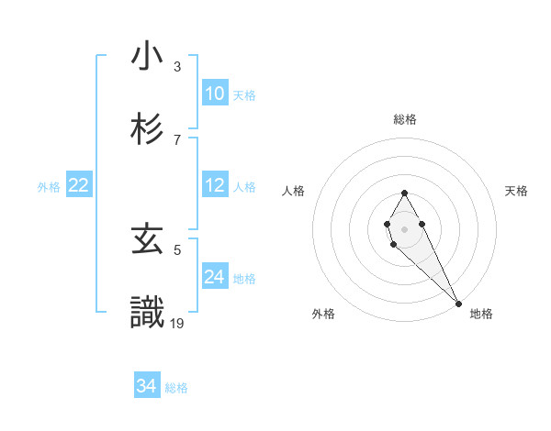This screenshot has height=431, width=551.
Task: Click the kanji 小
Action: (147, 57)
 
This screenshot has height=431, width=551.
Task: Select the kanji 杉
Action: (147, 128)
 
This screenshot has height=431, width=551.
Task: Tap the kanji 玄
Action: (147, 241)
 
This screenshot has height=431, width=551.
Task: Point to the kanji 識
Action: (147, 313)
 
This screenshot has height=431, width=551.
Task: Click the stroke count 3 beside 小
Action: (176, 67)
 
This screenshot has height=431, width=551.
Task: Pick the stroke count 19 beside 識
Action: (177, 322)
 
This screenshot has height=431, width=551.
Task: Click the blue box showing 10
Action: (215, 94)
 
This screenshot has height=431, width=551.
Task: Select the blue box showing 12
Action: (215, 185)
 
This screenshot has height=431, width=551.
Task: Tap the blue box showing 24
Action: (215, 277)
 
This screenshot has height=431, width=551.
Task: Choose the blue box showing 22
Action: (79, 185)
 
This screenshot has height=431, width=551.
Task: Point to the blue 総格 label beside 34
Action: (176, 388)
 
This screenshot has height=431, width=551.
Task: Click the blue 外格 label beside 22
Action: (49, 187)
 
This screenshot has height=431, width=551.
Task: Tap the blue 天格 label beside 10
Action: (243, 95)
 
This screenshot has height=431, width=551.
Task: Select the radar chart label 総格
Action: (405, 119)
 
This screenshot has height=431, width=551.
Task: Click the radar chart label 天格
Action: (517, 191)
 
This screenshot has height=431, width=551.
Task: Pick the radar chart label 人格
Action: (293, 191)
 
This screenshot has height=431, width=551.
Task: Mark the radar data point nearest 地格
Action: (458, 303)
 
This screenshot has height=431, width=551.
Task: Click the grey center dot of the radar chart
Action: (404, 227)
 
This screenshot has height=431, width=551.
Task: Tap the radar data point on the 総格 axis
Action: (404, 193)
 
